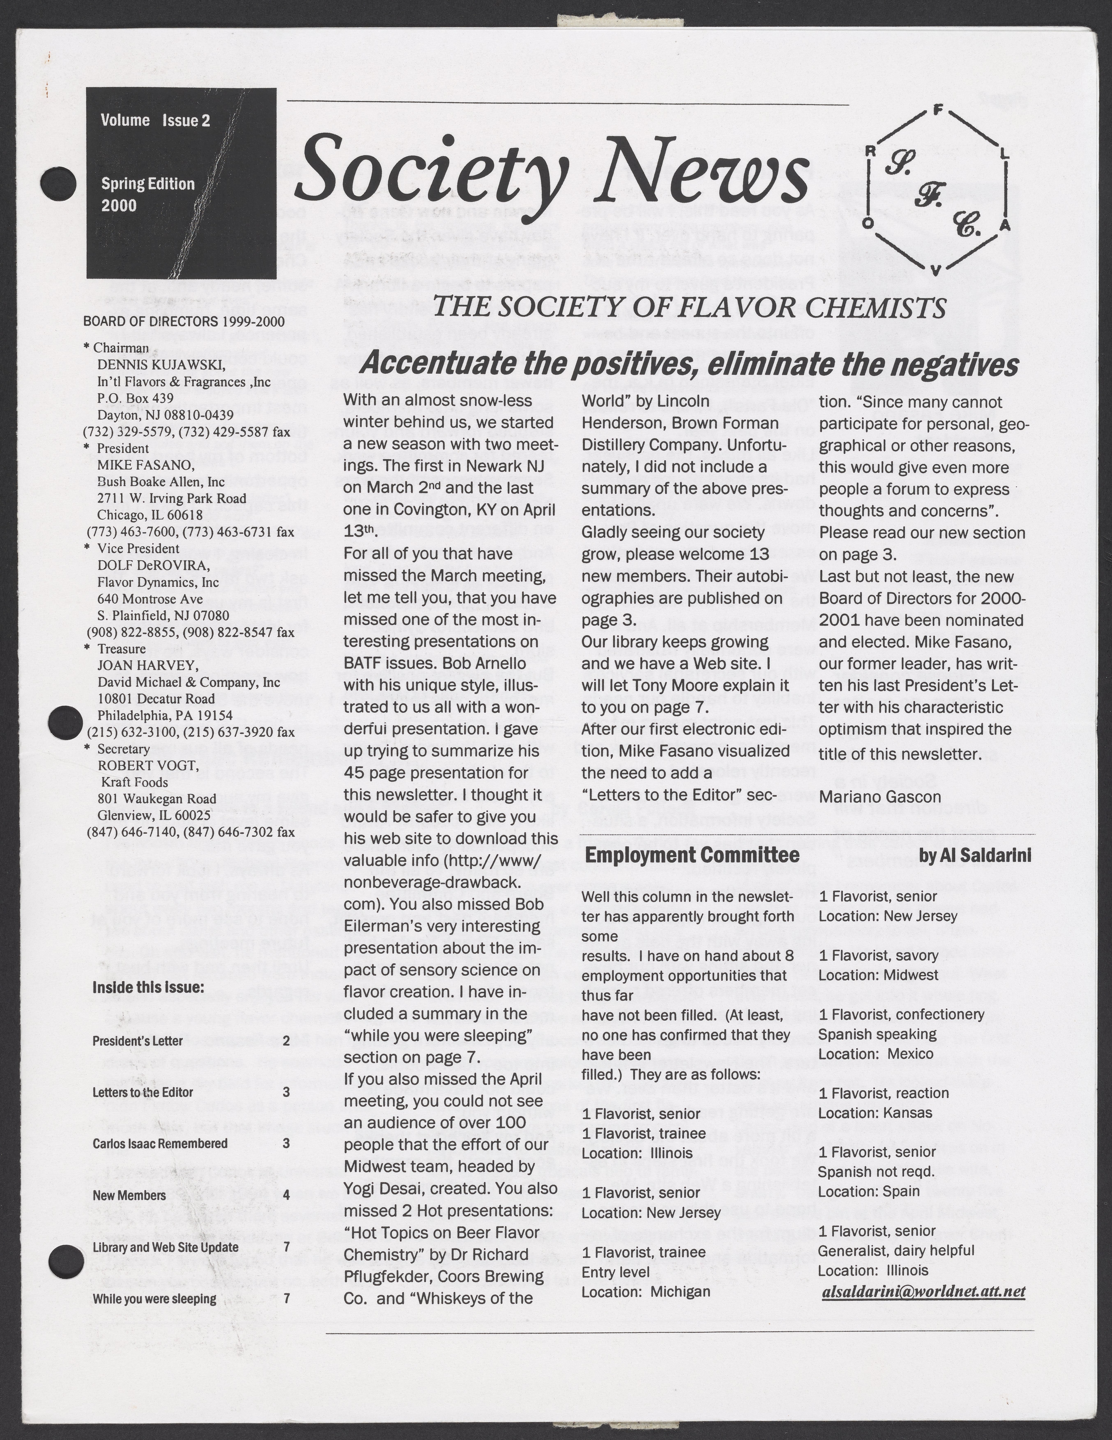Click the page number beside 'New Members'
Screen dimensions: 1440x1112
click(x=285, y=1195)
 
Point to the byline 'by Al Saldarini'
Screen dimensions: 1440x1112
click(x=975, y=857)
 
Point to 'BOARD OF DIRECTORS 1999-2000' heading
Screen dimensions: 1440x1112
click(x=184, y=322)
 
